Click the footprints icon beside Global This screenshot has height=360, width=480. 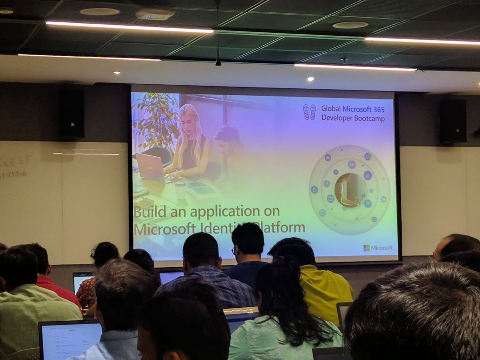pos(309,112)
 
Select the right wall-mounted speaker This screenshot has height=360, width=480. pos(453,121)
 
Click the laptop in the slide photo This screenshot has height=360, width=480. pos(150,167)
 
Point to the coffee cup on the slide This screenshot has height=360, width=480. pos(180,190)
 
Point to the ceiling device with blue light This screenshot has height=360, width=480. pos(155,15)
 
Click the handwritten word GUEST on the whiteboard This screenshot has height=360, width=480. pos(16,162)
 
